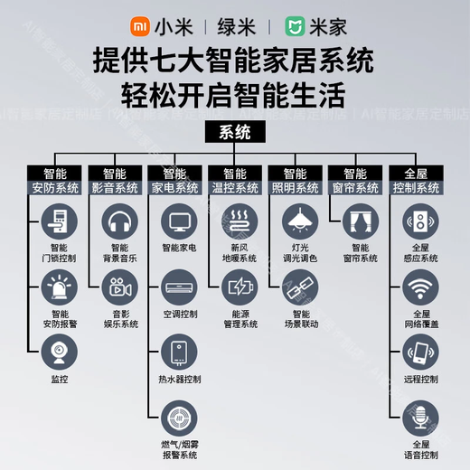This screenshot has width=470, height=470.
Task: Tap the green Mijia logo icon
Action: click(296, 26)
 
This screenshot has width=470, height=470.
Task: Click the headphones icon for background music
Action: click(120, 221)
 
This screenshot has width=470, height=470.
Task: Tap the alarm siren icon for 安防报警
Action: click(60, 288)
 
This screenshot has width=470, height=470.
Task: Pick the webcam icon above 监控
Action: click(60, 352)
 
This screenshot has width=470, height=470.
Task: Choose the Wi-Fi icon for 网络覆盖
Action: click(419, 288)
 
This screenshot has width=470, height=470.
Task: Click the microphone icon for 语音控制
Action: click(419, 417)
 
